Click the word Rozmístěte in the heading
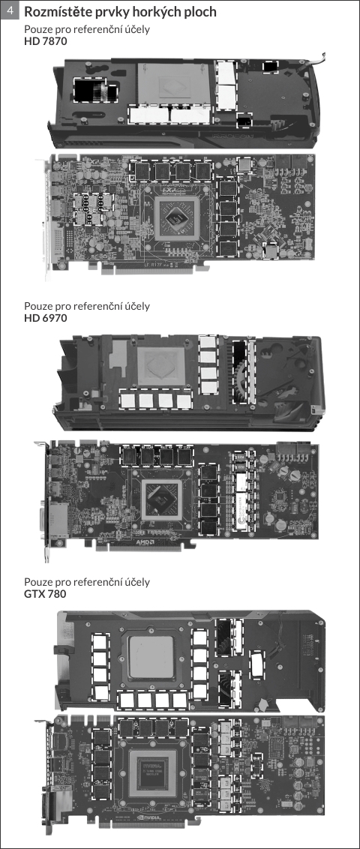coord(56,11)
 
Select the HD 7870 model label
coord(46,40)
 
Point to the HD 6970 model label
coord(46,318)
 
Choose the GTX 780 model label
coord(46,594)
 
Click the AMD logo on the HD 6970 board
coord(145,541)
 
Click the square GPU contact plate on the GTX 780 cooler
coord(151,656)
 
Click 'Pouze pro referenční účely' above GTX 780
coord(87,583)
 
